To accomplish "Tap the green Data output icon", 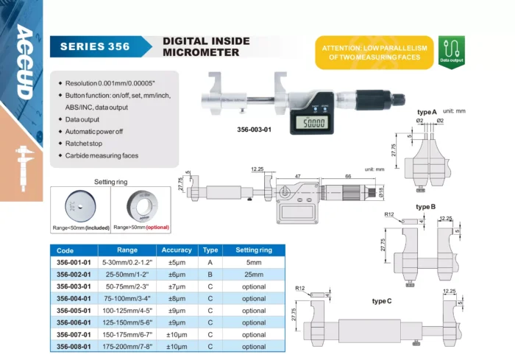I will [x=451, y=52].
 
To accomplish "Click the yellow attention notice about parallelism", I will [x=374, y=52].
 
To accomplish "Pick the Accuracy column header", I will [x=177, y=250].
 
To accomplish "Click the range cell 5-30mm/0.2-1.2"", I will [x=127, y=262].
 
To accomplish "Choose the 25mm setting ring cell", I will [x=254, y=274].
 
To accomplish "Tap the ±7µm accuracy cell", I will [x=177, y=286].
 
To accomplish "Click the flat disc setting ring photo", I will [x=80, y=205].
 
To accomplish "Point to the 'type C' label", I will [x=382, y=300].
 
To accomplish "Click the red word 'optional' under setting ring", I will [x=162, y=228].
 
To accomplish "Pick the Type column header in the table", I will [x=210, y=250].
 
